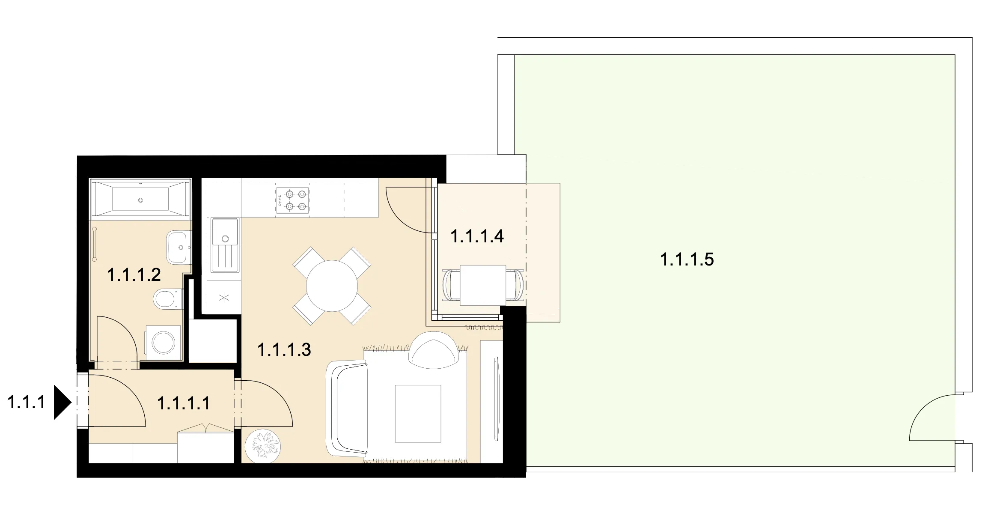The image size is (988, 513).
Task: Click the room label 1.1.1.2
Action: (x=134, y=275)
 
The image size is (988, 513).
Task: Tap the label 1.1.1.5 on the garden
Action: (x=687, y=259)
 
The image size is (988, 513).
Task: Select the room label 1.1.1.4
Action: (x=477, y=236)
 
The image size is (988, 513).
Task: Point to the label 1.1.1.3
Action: (x=284, y=349)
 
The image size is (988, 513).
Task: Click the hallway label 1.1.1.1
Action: (x=184, y=403)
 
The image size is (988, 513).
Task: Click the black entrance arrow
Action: (x=62, y=402)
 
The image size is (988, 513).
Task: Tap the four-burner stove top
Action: (x=292, y=200)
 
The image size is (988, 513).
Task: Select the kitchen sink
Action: (x=225, y=245)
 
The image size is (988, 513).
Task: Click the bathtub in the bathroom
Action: (x=140, y=199)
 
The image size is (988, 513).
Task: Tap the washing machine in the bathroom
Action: (x=164, y=342)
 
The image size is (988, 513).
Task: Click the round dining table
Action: (x=332, y=286)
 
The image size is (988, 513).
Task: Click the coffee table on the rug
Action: (x=418, y=413)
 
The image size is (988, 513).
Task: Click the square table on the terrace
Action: (x=483, y=285)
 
